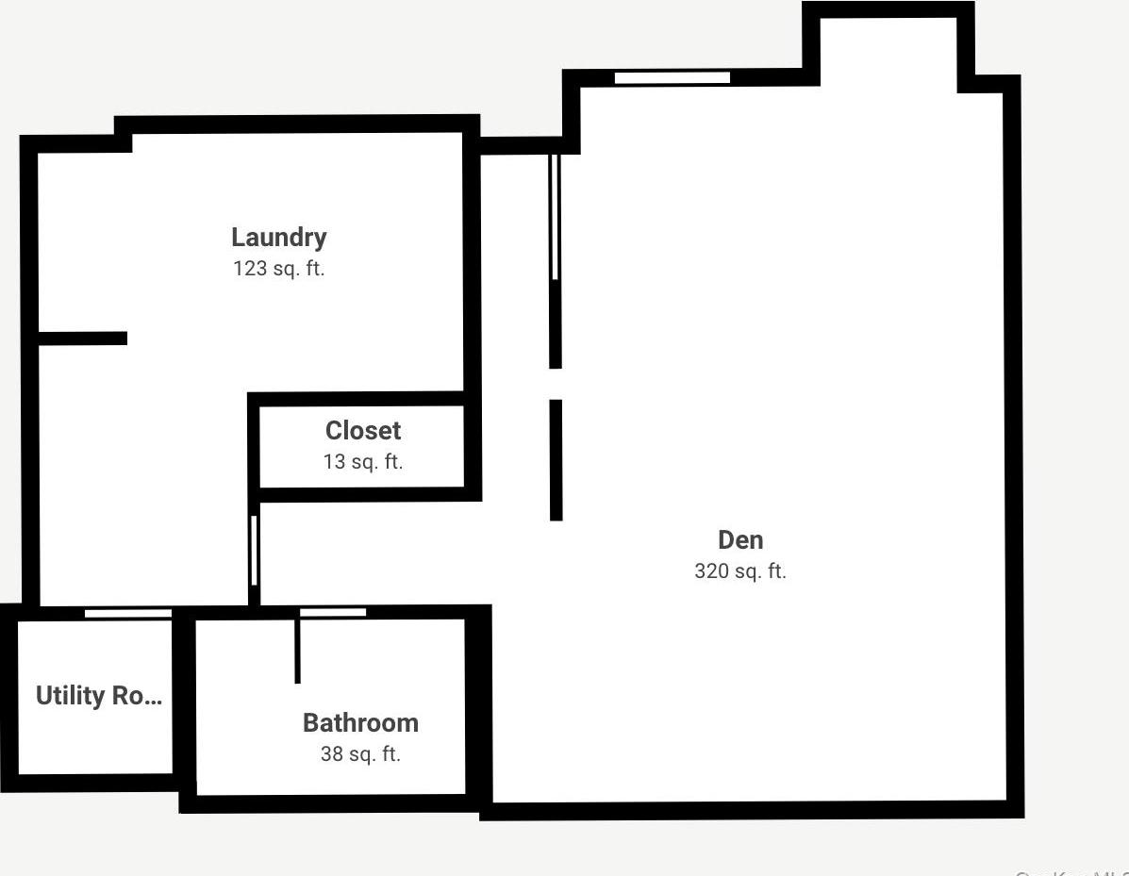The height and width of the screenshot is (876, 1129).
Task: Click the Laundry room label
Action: pyautogui.click(x=278, y=238)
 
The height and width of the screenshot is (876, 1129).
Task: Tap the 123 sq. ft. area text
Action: pyautogui.click(x=278, y=269)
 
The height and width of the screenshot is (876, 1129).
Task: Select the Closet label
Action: pyautogui.click(x=363, y=431)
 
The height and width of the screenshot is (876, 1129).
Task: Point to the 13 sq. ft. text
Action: pyautogui.click(x=363, y=462)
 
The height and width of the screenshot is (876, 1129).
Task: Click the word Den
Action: pyautogui.click(x=740, y=540)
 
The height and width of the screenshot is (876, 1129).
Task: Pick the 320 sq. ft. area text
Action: pyautogui.click(x=740, y=571)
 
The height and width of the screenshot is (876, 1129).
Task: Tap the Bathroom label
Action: pyautogui.click(x=360, y=723)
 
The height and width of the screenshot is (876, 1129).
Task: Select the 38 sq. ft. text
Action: pyautogui.click(x=360, y=754)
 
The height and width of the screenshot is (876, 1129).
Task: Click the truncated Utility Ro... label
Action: pyautogui.click(x=98, y=696)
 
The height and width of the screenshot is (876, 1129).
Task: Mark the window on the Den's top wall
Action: pyautogui.click(x=672, y=77)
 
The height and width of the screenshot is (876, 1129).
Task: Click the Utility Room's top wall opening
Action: pyautogui.click(x=128, y=613)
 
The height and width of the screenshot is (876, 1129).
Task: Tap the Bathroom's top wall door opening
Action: pyautogui.click(x=333, y=613)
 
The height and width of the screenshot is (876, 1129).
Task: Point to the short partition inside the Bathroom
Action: pyautogui.click(x=298, y=651)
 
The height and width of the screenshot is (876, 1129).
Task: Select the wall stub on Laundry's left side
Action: pyautogui.click(x=83, y=338)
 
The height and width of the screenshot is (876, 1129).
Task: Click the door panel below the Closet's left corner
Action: pyautogui.click(x=254, y=551)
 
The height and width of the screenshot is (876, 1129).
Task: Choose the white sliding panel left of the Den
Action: pyautogui.click(x=555, y=217)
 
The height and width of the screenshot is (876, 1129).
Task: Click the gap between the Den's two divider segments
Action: pyautogui.click(x=556, y=385)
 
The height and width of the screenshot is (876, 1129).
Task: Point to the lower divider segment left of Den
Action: pyautogui.click(x=556, y=459)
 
